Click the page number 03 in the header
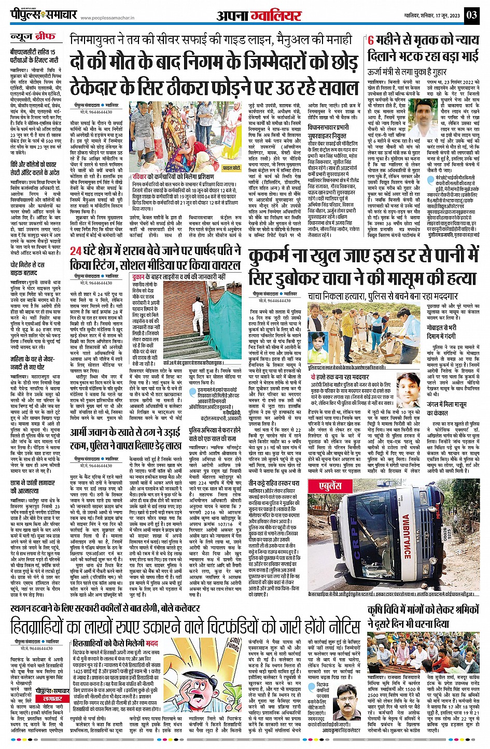tap(472, 14)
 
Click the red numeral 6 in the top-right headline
tap(371, 40)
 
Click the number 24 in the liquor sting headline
tap(76, 251)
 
